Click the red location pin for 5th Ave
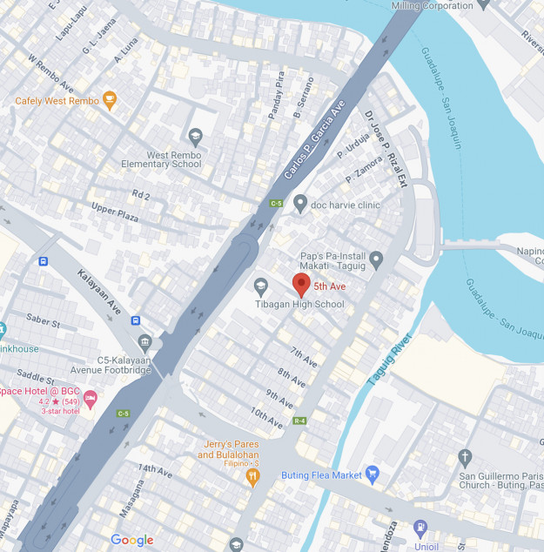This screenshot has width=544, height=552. click(301, 284)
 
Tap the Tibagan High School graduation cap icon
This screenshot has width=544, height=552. click(260, 286)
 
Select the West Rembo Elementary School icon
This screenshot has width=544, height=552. click(195, 136)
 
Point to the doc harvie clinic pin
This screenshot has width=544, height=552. click(300, 203)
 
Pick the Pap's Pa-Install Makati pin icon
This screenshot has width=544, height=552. click(376, 259)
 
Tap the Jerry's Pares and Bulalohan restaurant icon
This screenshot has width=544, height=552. click(252, 475)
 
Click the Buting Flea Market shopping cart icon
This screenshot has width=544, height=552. click(373, 475)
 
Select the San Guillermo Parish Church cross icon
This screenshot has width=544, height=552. click(466, 458)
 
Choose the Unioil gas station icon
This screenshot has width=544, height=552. click(420, 527)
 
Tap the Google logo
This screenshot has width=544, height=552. click(131, 541)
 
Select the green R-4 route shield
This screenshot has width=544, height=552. click(299, 421)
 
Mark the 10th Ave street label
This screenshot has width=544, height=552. click(266, 417)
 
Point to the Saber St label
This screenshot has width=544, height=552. click(43, 322)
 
